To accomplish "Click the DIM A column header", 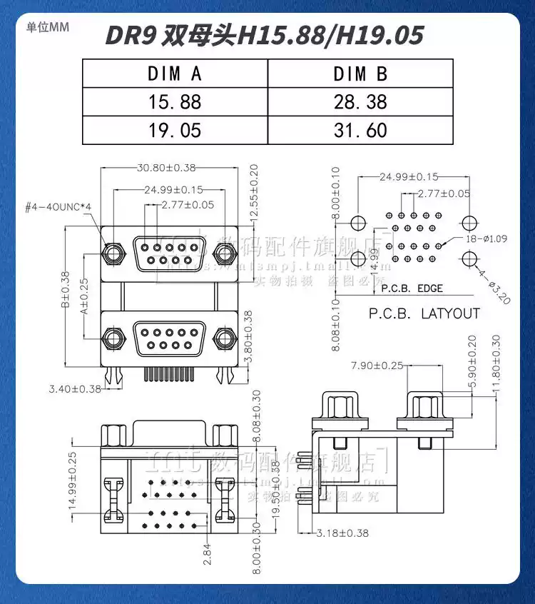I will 175,73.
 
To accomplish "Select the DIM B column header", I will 360,73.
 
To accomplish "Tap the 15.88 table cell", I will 175,102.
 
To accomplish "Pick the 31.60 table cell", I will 360,131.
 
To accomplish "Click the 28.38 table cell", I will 360,102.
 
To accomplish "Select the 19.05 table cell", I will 175,131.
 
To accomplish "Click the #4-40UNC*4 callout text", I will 58,207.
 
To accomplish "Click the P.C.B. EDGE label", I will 412,289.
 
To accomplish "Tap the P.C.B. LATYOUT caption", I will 424,313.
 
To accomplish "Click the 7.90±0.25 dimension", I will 377,366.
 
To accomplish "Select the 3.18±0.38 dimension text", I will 342,533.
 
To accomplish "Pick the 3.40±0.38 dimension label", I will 74,389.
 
